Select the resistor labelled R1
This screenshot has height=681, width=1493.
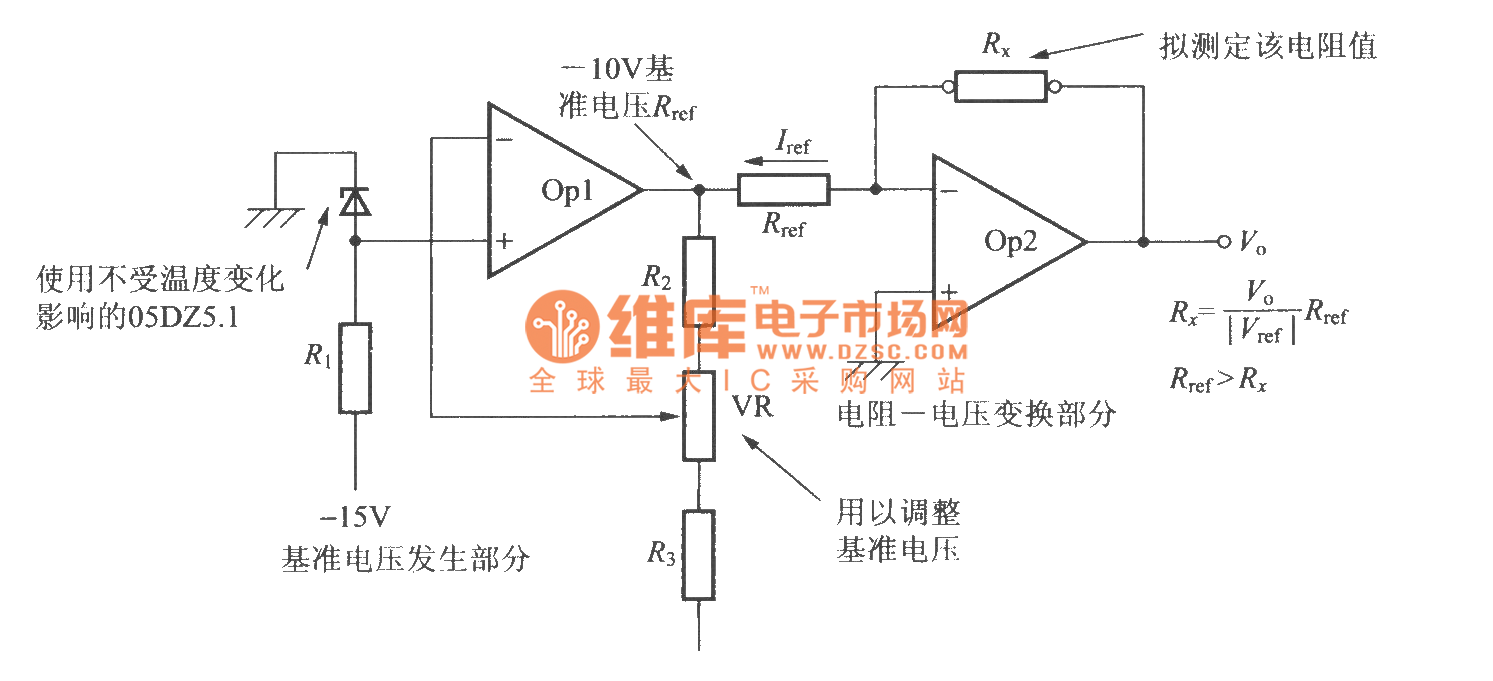pos(355,368)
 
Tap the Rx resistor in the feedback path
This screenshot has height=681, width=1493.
pos(1000,87)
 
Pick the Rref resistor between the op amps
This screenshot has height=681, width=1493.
pos(783,189)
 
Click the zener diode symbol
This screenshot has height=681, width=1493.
pos(355,203)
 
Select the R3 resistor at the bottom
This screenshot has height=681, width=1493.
pos(698,554)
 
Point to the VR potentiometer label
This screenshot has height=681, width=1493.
pos(752,406)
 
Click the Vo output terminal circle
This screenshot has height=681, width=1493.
pos(1223,242)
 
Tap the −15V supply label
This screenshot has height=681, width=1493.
pos(355,517)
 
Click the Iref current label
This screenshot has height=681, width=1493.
pos(793,145)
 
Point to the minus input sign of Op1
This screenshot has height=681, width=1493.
pos(505,139)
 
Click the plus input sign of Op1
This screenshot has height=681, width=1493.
pos(505,241)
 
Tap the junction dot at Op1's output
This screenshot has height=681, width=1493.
pos(699,189)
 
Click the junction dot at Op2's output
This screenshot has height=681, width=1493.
pos(1143,242)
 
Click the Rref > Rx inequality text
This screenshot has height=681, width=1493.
pos(1218,380)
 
